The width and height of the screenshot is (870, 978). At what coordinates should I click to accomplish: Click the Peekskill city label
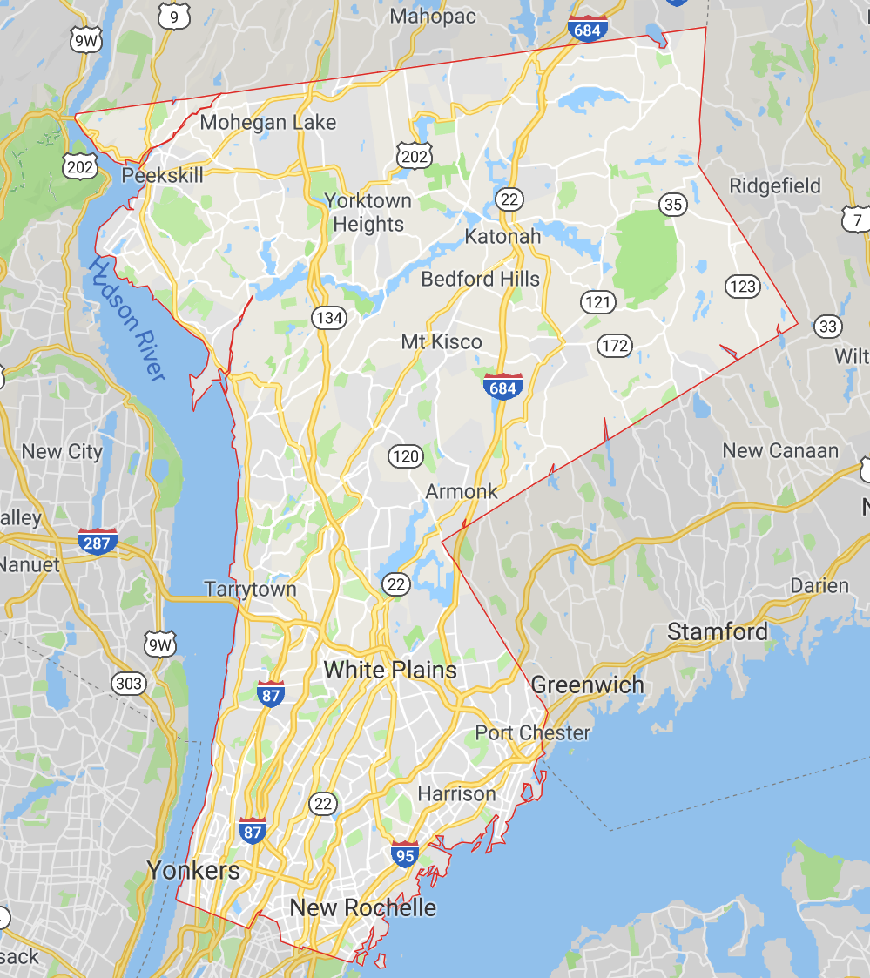pos(162,175)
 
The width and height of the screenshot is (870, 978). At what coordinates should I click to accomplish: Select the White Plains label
pos(390,670)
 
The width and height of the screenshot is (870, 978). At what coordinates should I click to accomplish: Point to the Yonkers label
pos(193,870)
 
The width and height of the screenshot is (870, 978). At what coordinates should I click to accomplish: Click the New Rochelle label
pos(363,907)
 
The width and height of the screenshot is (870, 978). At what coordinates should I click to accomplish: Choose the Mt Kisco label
pos(442,341)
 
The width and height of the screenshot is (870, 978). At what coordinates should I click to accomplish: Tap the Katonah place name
pos(502,236)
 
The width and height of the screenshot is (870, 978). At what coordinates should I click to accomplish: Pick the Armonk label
pos(462,491)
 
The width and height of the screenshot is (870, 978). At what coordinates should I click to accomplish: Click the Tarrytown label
pos(251,589)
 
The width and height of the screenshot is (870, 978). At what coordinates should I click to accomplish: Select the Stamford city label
pos(718,631)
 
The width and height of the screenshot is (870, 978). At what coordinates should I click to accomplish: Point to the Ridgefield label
pos(775,185)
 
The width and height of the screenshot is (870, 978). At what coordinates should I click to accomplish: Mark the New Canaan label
pos(780,450)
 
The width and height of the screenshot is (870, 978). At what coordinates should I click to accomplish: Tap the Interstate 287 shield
pos(98,541)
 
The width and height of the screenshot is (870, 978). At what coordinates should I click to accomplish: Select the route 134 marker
pos(329,318)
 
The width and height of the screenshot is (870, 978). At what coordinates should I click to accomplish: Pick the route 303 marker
pos(129,684)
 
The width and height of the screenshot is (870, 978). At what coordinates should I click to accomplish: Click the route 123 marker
pos(743,286)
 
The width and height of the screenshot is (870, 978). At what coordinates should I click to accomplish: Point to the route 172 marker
pos(615,346)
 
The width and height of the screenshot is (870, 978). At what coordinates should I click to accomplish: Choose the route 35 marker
pos(673,205)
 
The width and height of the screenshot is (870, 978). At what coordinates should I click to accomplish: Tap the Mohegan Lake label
pos(268,122)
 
